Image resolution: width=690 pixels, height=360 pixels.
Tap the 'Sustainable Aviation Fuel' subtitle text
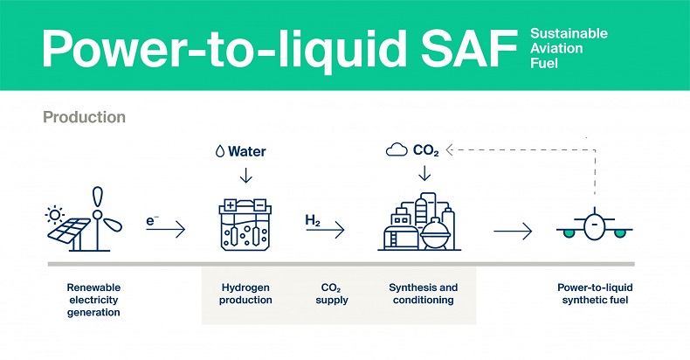coord(569,49)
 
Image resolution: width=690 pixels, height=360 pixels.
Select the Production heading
coord(84,116)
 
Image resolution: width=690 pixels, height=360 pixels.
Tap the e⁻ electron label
coord(152,222)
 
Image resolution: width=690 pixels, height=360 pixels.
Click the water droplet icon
coord(219,152)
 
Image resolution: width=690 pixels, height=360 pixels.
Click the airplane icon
coord(595,228)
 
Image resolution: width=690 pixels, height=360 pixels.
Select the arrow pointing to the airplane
coord(513,232)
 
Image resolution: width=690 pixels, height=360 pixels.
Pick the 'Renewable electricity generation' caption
coord(93,300)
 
